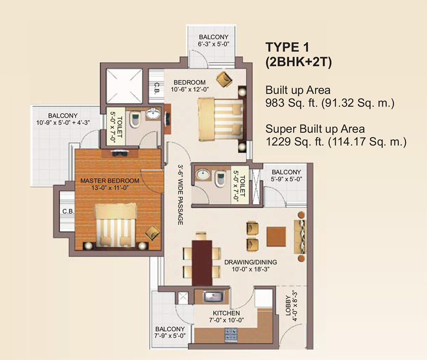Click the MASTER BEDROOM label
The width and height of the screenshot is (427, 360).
pyautogui.click(x=110, y=180)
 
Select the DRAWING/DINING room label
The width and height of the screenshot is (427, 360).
pyautogui.click(x=251, y=262)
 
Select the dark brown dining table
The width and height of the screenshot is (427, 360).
pyautogui.click(x=202, y=263)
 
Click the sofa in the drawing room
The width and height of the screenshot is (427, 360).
pyautogui.click(x=301, y=236)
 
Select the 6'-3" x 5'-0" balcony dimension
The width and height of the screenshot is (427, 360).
pyautogui.click(x=213, y=44)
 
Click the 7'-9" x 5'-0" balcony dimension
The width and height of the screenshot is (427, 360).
pyautogui.click(x=170, y=336)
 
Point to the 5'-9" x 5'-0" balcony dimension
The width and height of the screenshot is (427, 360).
pyautogui.click(x=286, y=179)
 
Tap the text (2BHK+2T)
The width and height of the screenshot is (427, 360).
pyautogui.click(x=299, y=61)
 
